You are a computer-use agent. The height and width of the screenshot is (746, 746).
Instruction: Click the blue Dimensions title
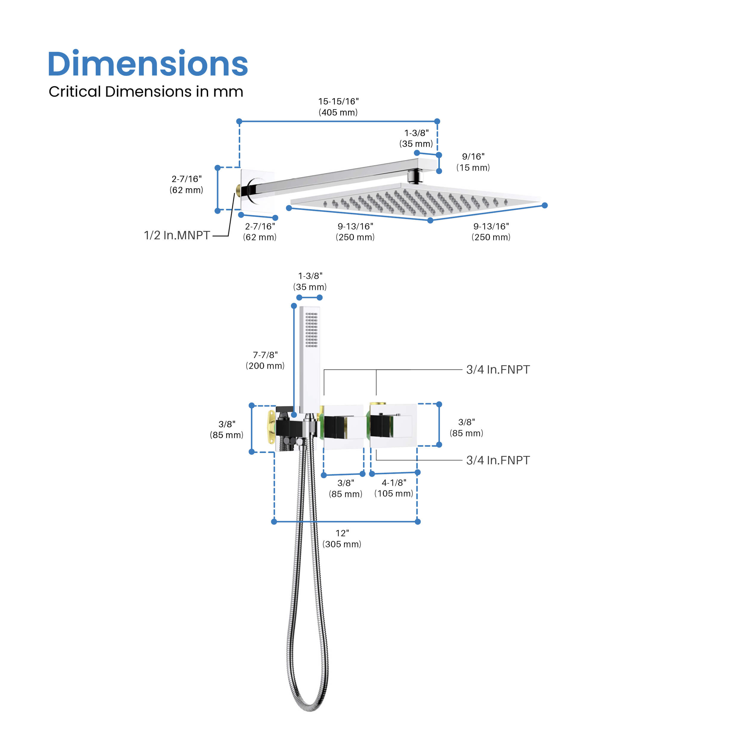(147, 64)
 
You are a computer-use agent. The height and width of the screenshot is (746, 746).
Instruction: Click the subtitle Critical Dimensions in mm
(146, 92)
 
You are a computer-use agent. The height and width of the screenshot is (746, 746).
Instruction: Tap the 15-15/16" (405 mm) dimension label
(338, 107)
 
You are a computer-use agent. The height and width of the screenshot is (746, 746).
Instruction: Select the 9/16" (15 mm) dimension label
(473, 162)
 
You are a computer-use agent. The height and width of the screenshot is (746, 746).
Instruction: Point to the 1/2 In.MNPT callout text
(177, 235)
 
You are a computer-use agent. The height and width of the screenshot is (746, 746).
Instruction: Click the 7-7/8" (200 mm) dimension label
(265, 360)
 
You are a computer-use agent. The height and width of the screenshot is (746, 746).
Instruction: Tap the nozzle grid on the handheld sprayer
(311, 329)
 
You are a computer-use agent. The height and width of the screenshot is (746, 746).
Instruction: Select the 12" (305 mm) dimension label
(342, 539)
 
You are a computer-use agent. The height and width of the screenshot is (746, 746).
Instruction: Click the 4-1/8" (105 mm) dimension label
(394, 488)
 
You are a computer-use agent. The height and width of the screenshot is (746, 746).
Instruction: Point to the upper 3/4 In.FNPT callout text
(498, 369)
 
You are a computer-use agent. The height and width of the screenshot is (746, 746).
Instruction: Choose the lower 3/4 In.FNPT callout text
(498, 460)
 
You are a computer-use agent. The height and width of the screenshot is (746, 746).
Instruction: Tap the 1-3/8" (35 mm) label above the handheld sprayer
(310, 281)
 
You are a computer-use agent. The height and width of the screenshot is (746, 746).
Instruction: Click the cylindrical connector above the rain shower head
(415, 177)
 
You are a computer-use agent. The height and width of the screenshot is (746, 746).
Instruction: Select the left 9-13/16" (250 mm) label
(355, 232)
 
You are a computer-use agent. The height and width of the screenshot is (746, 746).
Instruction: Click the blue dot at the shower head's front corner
(431, 221)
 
